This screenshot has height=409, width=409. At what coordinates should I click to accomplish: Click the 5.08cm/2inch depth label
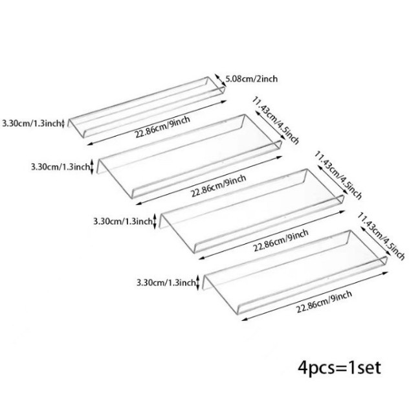[251, 80]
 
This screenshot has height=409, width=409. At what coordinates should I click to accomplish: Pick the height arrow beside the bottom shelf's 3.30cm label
[198, 282]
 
